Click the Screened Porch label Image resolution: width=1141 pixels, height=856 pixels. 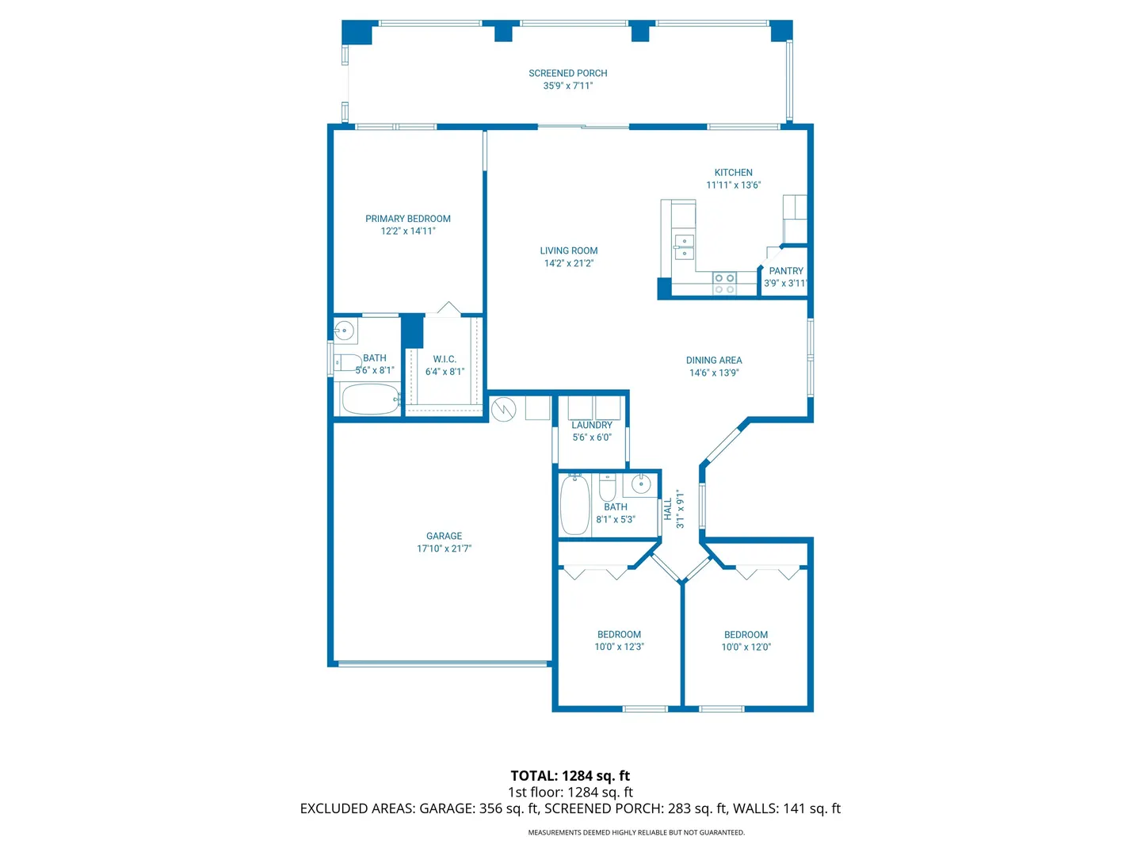click(x=567, y=73)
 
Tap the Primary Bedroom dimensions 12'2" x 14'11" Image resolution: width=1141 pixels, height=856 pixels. click(x=407, y=231)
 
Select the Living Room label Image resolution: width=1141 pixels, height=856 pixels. click(x=569, y=250)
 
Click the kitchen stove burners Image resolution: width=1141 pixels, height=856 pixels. click(x=724, y=283)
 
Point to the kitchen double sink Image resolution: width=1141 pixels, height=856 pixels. click(x=683, y=246)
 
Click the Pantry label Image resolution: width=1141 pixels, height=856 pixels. click(x=785, y=271)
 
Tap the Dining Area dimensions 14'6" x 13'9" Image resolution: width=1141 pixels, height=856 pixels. click(x=714, y=373)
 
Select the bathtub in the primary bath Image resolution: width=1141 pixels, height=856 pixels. click(x=371, y=399)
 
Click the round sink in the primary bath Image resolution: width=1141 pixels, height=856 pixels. click(x=344, y=330)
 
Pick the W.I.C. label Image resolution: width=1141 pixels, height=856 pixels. click(x=445, y=359)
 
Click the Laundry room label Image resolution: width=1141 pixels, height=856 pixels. click(x=592, y=425)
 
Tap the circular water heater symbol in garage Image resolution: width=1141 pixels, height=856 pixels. click(x=503, y=410)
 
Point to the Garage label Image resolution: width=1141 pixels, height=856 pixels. click(x=444, y=536)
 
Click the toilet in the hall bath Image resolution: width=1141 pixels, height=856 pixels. click(x=607, y=486)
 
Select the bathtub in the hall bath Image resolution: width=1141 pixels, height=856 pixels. click(x=574, y=504)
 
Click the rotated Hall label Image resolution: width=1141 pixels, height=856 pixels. click(x=668, y=509)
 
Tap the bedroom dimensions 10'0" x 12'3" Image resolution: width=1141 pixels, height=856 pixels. click(x=619, y=647)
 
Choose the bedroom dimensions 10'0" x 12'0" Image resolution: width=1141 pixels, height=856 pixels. click(x=746, y=647)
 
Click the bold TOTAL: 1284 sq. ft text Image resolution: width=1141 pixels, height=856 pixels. click(x=570, y=776)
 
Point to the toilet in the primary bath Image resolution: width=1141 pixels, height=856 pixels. click(x=347, y=362)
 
